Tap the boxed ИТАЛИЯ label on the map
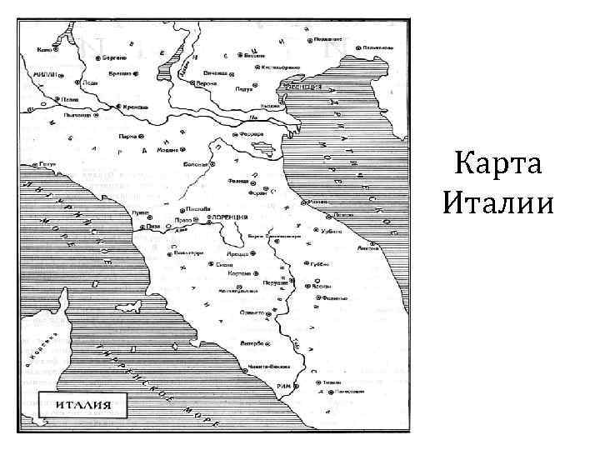pos(83,407)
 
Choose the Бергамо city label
pos(115,58)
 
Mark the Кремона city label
pos(135,107)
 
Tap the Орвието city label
pos(254,312)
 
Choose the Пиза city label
pos(152,226)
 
